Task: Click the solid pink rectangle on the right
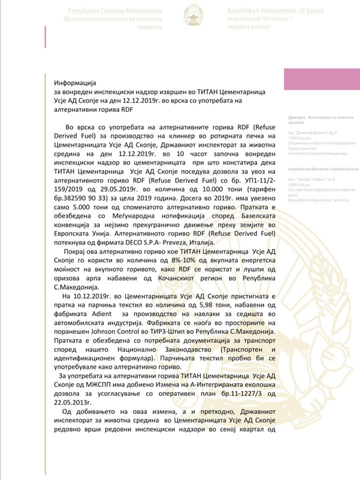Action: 321,80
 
